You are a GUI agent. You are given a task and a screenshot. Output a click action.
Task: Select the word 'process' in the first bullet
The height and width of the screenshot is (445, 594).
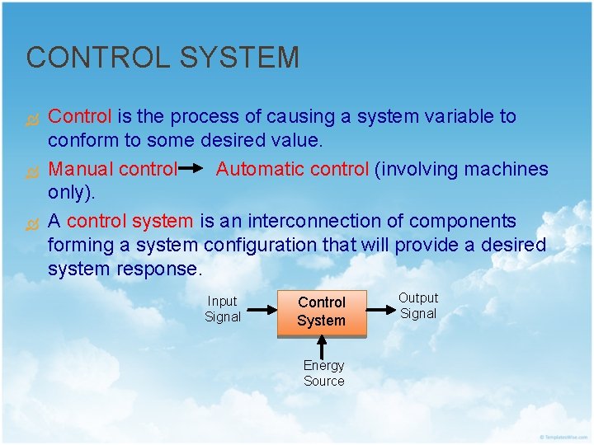click(204, 116)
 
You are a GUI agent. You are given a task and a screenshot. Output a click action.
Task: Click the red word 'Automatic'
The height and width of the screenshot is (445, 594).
click(260, 169)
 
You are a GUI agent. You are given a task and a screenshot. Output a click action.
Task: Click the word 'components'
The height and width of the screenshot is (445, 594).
click(464, 221)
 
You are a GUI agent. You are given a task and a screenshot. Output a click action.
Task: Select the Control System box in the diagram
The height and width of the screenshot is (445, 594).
click(321, 312)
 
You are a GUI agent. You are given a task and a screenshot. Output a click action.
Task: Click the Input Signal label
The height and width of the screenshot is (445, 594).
click(222, 309)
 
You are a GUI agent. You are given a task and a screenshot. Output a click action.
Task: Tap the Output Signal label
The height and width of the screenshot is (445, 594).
click(418, 306)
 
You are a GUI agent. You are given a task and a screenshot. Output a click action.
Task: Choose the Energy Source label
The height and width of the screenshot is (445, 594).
click(323, 372)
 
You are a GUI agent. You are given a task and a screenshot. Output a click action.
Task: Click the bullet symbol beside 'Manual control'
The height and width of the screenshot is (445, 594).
click(34, 171)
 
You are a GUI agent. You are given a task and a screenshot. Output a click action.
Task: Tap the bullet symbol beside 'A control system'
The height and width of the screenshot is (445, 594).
click(34, 222)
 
